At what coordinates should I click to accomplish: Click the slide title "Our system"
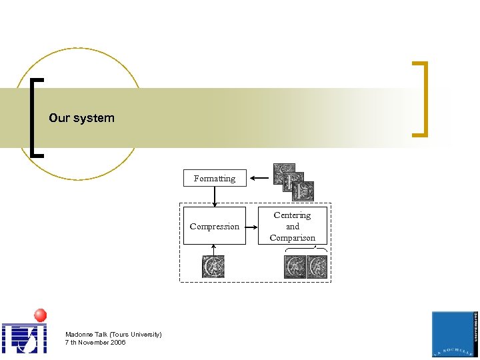81,118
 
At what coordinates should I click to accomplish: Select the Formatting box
214,178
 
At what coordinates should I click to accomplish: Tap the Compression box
214,226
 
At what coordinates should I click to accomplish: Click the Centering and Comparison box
292,226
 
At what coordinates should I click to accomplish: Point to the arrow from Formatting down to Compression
215,197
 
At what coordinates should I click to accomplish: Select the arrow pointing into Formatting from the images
259,178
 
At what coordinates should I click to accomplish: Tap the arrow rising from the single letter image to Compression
214,249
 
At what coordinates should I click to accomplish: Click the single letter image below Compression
213,267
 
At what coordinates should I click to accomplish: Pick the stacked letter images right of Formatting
293,181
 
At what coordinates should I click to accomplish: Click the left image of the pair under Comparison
295,267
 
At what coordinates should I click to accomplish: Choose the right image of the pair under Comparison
317,267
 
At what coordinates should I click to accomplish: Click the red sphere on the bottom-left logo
40,315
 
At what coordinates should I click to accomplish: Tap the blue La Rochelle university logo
454,333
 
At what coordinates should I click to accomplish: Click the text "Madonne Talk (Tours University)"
113,334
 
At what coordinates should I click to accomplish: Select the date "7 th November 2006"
95,342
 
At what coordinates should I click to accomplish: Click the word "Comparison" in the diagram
292,238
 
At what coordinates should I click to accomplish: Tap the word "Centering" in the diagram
292,215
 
